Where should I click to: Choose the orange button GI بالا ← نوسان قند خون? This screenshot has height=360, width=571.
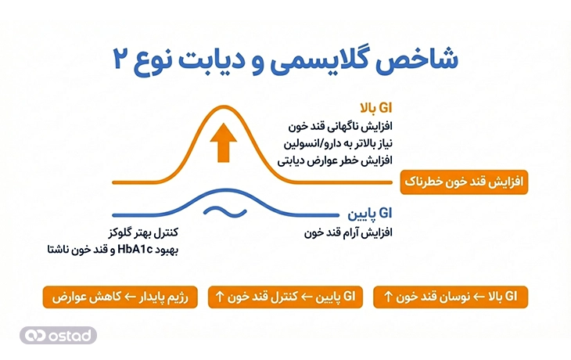[x=451, y=297]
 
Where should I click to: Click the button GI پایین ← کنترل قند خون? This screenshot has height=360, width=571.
[x=285, y=297]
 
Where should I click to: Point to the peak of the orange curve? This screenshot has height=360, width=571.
[x=223, y=107]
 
